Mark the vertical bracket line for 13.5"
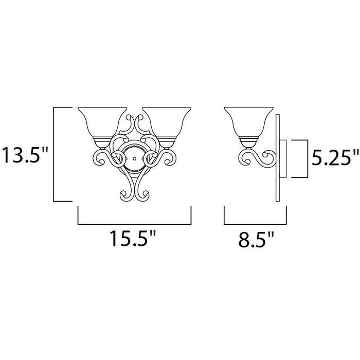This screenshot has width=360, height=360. tap(55, 154)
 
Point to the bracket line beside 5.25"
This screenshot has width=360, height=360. tap(307, 158)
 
